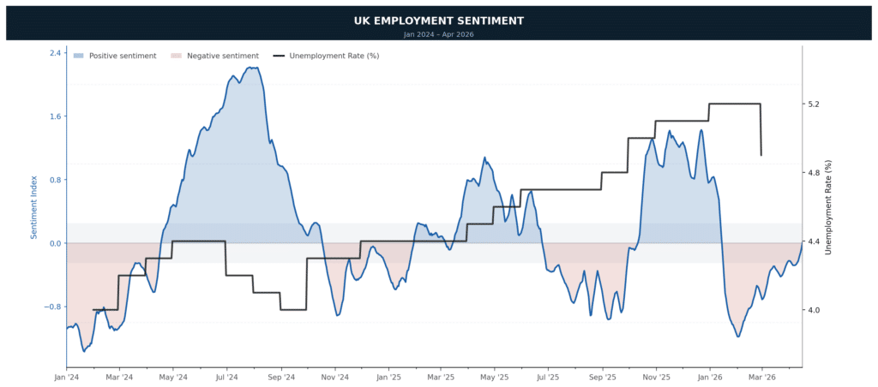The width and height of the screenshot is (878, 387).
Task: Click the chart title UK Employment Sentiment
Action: (438, 21)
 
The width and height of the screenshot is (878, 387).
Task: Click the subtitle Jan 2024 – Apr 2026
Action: (438, 34)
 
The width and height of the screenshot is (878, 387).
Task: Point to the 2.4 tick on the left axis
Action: (56, 53)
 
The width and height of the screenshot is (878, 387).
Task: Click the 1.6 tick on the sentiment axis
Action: (56, 116)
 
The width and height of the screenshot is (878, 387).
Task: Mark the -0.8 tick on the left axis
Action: (54, 307)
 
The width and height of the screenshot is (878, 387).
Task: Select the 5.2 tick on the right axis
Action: (815, 104)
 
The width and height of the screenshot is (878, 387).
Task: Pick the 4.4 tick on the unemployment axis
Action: (815, 242)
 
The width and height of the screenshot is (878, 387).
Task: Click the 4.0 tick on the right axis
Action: (815, 311)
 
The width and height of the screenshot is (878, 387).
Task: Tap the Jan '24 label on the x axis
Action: (67, 377)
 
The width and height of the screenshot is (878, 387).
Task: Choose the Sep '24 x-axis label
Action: (280, 377)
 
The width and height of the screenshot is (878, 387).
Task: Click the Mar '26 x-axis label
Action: (761, 377)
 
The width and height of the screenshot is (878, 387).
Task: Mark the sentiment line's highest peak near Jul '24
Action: (252, 67)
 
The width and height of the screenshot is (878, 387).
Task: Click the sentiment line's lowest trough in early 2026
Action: (737, 336)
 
